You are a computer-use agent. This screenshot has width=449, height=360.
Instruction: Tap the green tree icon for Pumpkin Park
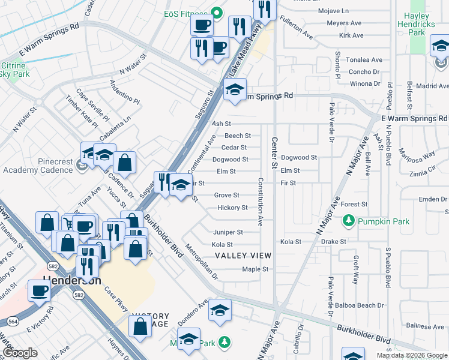pos(348,222)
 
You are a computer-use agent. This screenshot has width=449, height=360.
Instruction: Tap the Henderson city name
pos(71,280)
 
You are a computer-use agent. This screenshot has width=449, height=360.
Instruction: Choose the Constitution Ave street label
pos(261,202)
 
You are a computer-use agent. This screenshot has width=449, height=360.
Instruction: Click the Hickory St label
pos(232,208)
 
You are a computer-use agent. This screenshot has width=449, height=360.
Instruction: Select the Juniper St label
pos(228,232)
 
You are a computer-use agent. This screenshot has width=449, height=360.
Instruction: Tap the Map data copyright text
pos(412,355)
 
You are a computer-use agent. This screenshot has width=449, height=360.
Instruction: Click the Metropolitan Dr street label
pos(202,261)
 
